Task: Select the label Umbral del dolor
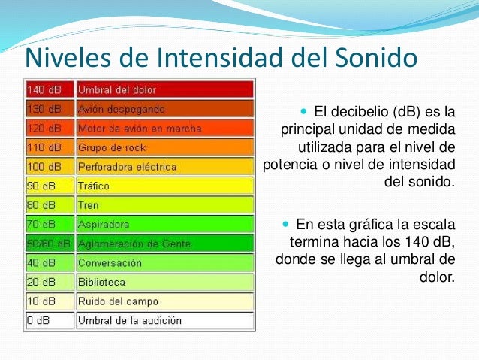[x=117, y=89]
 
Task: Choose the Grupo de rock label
[x=113, y=147]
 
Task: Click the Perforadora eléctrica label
[x=128, y=166]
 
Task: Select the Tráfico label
[x=94, y=186]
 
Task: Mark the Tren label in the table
[x=89, y=204]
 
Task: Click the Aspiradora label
[x=104, y=224]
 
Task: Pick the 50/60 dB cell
[x=49, y=244]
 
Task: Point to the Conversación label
[x=110, y=263]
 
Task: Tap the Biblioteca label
[x=102, y=282]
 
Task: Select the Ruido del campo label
[x=118, y=301]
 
